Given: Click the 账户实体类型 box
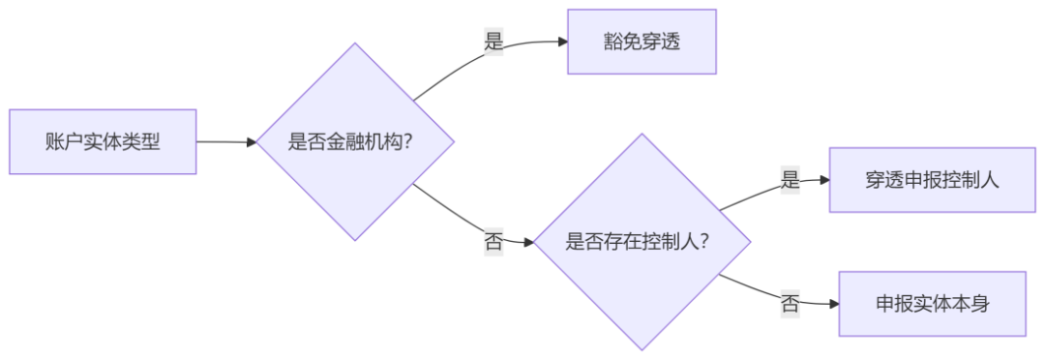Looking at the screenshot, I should [x=103, y=141].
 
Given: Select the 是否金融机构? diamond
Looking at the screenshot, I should [x=355, y=141].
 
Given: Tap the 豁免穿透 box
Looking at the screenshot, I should [x=642, y=42].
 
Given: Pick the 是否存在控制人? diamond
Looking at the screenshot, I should [x=642, y=241].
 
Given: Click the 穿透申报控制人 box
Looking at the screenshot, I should [x=932, y=180].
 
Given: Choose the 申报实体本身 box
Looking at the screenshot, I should [x=932, y=303].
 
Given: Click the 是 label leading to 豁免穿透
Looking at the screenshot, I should [x=493, y=43].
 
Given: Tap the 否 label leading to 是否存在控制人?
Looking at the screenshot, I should [x=493, y=242].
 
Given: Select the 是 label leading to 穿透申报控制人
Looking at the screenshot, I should [x=791, y=180].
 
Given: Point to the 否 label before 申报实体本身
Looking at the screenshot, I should [x=791, y=304].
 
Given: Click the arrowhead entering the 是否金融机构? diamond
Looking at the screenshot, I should [x=252, y=142].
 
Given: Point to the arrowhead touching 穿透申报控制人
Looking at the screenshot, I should [x=824, y=180].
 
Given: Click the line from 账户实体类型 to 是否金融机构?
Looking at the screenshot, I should [x=224, y=142].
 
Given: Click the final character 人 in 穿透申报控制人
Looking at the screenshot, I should [x=989, y=180].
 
